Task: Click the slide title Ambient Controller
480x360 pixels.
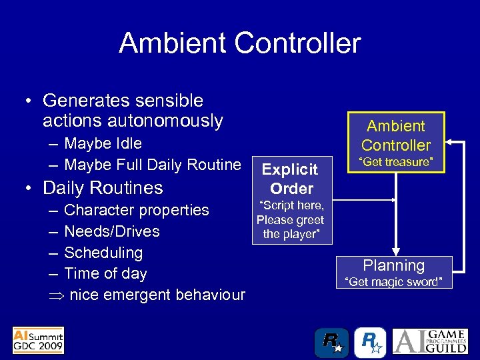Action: click(x=240, y=44)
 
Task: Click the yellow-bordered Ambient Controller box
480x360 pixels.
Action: click(x=396, y=135)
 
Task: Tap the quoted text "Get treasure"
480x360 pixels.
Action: click(x=396, y=162)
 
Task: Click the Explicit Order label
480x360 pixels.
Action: click(x=291, y=178)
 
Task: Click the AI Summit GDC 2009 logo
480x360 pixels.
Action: click(x=39, y=340)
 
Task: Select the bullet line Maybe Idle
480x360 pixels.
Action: click(x=103, y=143)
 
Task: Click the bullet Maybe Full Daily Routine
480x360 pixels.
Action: click(x=152, y=165)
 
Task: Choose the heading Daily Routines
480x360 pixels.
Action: click(x=103, y=187)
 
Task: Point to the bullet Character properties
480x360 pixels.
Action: click(x=136, y=210)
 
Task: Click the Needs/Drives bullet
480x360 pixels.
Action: click(x=111, y=231)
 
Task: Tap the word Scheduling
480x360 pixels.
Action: click(x=103, y=253)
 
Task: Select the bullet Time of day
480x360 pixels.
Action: click(x=105, y=273)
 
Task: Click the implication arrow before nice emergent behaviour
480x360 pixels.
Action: click(x=56, y=295)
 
